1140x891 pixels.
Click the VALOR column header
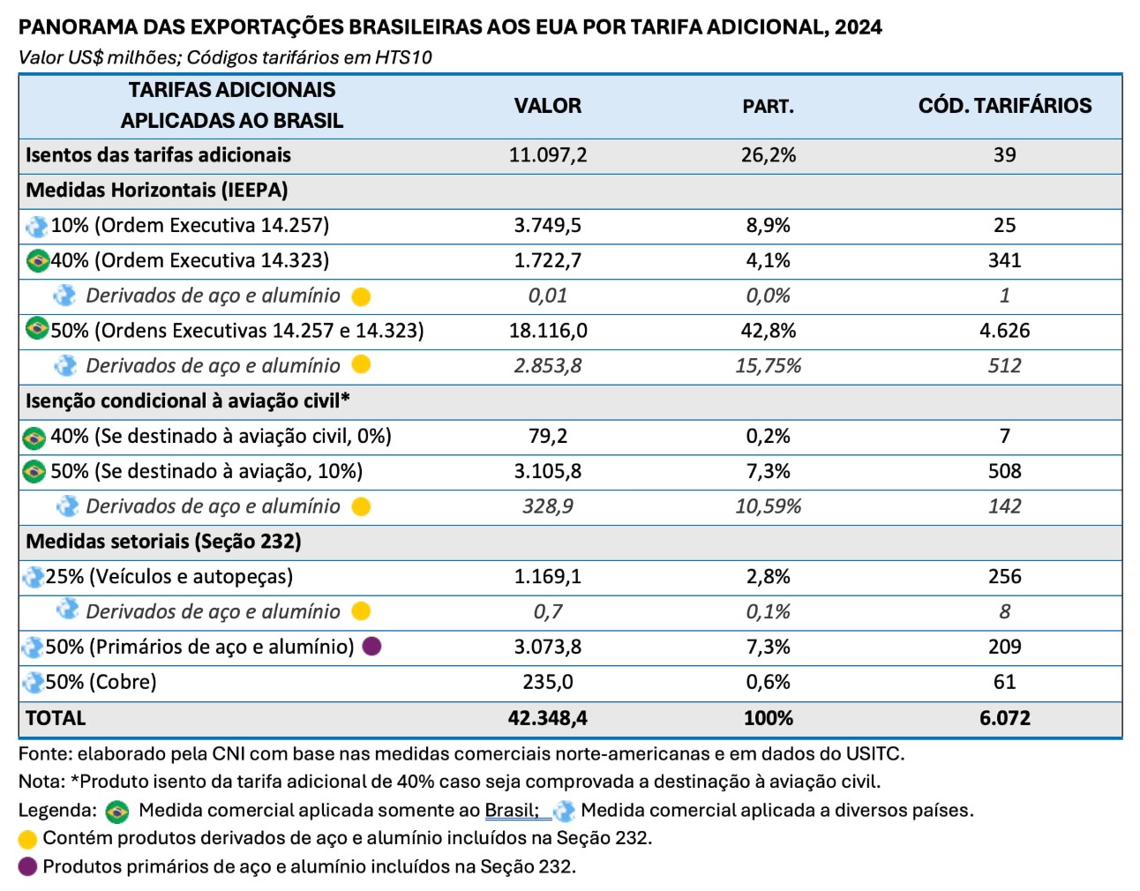click(x=547, y=106)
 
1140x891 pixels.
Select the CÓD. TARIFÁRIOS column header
click(x=1004, y=106)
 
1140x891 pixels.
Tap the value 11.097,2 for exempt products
click(x=547, y=155)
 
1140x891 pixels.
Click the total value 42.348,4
click(x=547, y=718)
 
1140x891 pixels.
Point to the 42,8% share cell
click(x=768, y=331)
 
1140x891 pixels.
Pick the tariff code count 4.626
click(x=1004, y=331)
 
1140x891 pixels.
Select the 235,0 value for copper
click(x=547, y=682)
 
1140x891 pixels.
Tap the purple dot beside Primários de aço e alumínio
click(x=371, y=647)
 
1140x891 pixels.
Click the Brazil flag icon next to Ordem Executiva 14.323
click(x=37, y=261)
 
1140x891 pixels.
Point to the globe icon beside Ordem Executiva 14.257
click(x=37, y=226)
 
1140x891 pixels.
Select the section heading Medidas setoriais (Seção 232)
click(x=163, y=542)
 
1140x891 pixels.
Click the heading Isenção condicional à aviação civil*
click(x=187, y=401)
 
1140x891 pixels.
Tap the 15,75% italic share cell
click(x=768, y=366)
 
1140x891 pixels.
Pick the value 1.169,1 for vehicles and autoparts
click(x=547, y=577)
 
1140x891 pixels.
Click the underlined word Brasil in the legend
click(x=510, y=810)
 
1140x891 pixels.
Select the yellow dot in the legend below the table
click(x=27, y=839)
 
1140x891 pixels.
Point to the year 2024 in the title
click(x=858, y=27)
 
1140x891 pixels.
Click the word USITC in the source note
click(x=873, y=754)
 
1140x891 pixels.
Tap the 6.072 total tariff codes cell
click(x=1004, y=718)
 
